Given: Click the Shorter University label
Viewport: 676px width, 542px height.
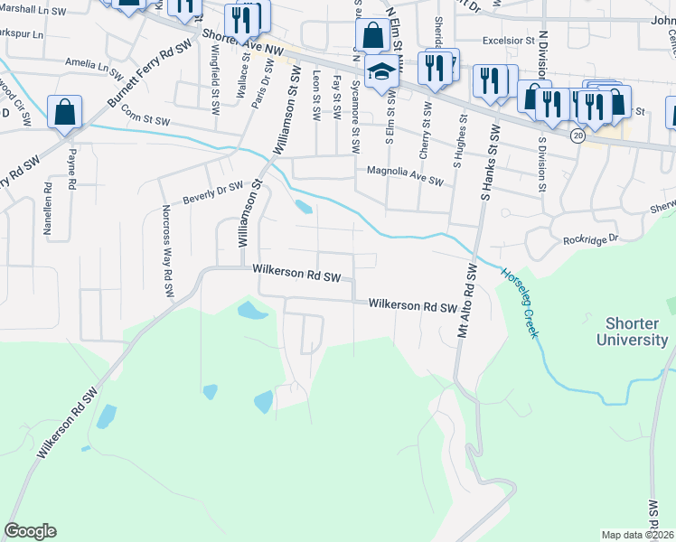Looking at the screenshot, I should (632, 332).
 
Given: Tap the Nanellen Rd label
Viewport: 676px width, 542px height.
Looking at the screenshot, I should (48, 210).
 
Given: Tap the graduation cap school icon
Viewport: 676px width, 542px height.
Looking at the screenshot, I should (381, 71).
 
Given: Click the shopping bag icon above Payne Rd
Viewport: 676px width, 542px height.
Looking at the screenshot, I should (65, 112).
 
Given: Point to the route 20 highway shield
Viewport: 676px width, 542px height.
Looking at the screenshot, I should (577, 135).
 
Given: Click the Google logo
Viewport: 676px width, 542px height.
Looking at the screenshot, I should (30, 531).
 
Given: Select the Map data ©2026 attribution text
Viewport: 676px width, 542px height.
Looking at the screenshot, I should (636, 535).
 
